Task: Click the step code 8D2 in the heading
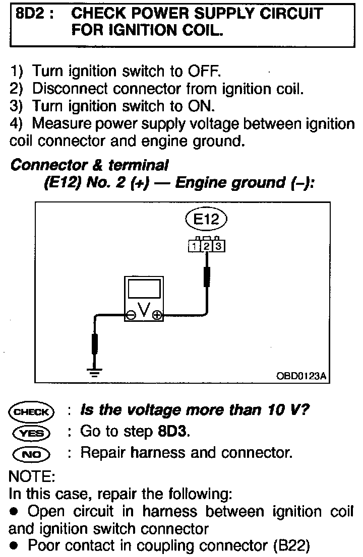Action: coord(31,14)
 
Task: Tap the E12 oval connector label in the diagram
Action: coord(206,219)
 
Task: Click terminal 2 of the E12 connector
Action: coord(206,246)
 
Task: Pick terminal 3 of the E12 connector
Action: coord(218,246)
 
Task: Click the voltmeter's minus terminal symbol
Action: coord(131,316)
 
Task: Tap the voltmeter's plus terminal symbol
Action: coord(157,316)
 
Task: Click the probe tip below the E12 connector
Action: coord(206,276)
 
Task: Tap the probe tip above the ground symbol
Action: coord(94,345)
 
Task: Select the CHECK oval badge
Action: coord(31,411)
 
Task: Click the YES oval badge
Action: coord(31,432)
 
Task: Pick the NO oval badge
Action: coord(31,453)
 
